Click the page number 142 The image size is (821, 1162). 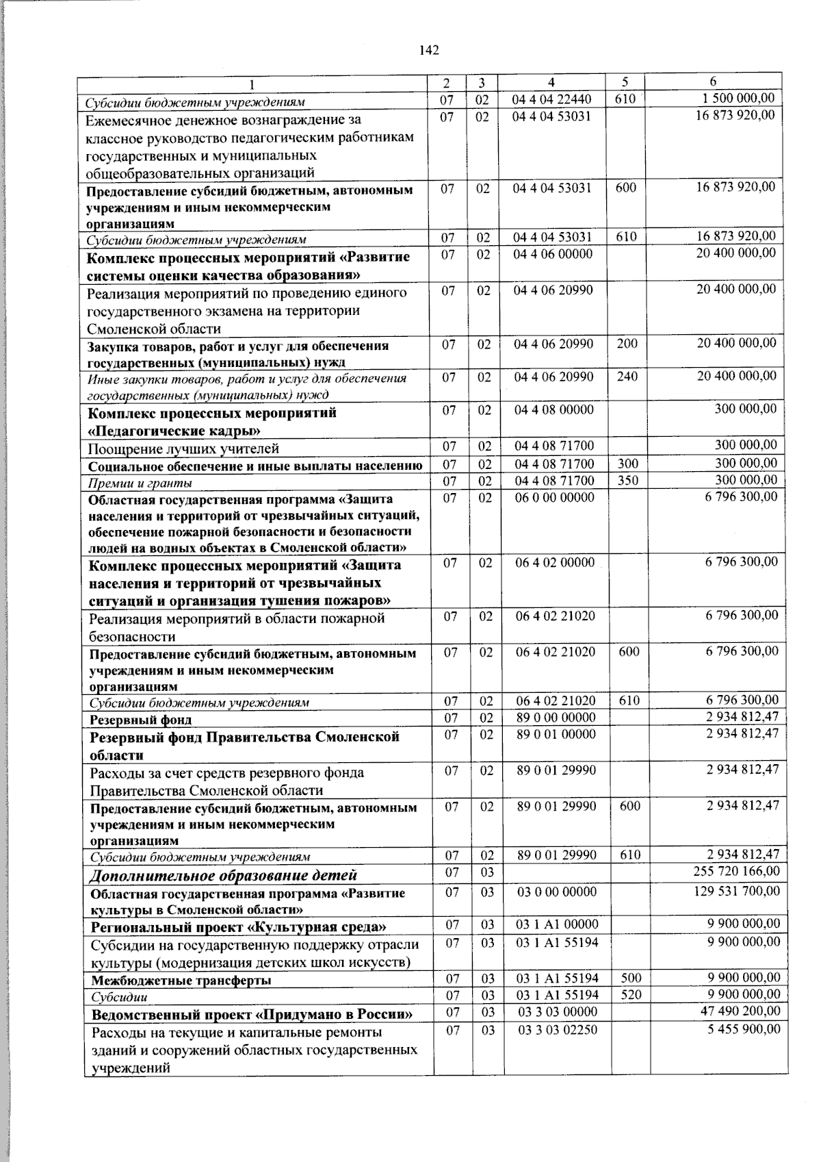pyautogui.click(x=429, y=50)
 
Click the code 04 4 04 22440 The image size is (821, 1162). pyautogui.click(x=551, y=100)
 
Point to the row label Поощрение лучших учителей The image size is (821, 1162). pyautogui.click(x=183, y=449)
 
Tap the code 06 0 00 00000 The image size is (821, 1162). pyautogui.click(x=555, y=497)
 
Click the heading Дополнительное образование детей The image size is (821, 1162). pyautogui.click(x=224, y=875)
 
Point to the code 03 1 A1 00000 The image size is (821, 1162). pyautogui.click(x=558, y=924)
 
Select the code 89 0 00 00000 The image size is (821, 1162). pyautogui.click(x=556, y=718)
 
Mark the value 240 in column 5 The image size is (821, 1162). pyautogui.click(x=627, y=376)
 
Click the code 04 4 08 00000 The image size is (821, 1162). pyautogui.click(x=554, y=410)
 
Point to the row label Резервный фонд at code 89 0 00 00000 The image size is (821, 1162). pyautogui.click(x=141, y=720)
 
